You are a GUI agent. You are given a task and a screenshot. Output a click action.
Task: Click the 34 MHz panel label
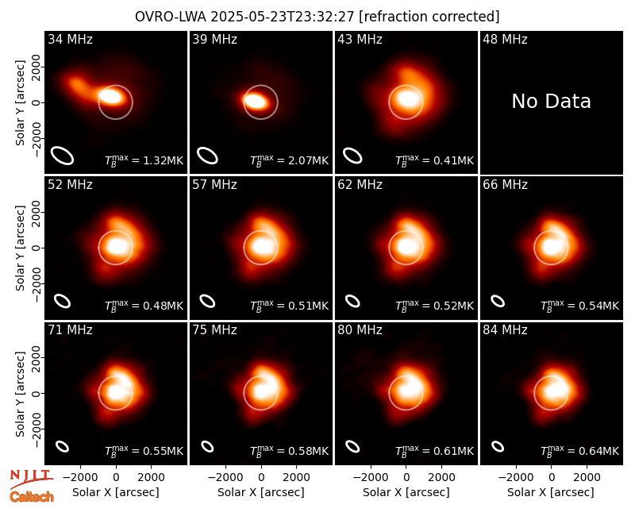70,39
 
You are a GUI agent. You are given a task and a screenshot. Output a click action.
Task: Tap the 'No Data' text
551,101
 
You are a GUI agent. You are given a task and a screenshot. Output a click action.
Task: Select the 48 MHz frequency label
505,39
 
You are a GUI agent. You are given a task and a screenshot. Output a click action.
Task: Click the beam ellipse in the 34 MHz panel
62,156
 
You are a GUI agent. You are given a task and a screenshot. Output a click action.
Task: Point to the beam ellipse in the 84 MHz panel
498,446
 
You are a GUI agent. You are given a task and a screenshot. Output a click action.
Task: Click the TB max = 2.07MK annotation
289,160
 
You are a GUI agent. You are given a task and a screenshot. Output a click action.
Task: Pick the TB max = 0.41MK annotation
434,160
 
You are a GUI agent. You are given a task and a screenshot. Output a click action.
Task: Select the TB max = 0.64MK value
579,451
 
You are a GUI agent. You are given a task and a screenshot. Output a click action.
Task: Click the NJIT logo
31,479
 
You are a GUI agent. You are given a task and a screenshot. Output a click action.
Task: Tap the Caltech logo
32,497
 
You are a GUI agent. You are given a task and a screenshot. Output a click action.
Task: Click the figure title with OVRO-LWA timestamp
317,17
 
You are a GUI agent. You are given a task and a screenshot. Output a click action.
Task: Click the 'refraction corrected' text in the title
429,17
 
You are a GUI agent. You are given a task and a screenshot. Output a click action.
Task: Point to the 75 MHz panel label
214,329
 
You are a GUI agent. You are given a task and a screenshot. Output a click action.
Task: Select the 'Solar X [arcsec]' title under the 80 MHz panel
406,492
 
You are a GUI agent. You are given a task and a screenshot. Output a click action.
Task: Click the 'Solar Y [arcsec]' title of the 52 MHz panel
20,248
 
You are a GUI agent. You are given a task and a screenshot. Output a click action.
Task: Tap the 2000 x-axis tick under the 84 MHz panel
587,478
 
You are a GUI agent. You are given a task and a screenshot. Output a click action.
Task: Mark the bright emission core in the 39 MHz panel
256,101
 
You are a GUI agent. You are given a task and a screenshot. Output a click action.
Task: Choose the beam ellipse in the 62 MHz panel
352,302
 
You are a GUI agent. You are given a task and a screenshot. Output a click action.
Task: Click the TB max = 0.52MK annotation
434,306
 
